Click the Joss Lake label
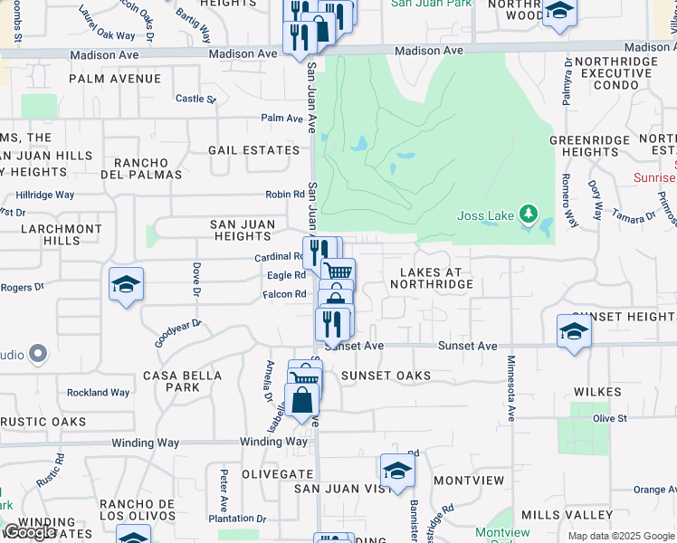(485, 215)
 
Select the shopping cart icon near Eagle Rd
(338, 271)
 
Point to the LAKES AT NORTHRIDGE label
(432, 278)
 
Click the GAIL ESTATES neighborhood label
(253, 150)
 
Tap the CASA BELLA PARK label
(183, 381)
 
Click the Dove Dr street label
(195, 279)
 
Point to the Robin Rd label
(285, 195)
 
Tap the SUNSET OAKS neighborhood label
(386, 375)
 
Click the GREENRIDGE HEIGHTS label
(589, 146)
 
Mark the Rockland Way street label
(98, 393)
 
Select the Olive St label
(609, 418)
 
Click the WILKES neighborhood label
(596, 392)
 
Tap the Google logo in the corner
(30, 532)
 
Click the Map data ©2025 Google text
(621, 536)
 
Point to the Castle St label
(195, 99)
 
